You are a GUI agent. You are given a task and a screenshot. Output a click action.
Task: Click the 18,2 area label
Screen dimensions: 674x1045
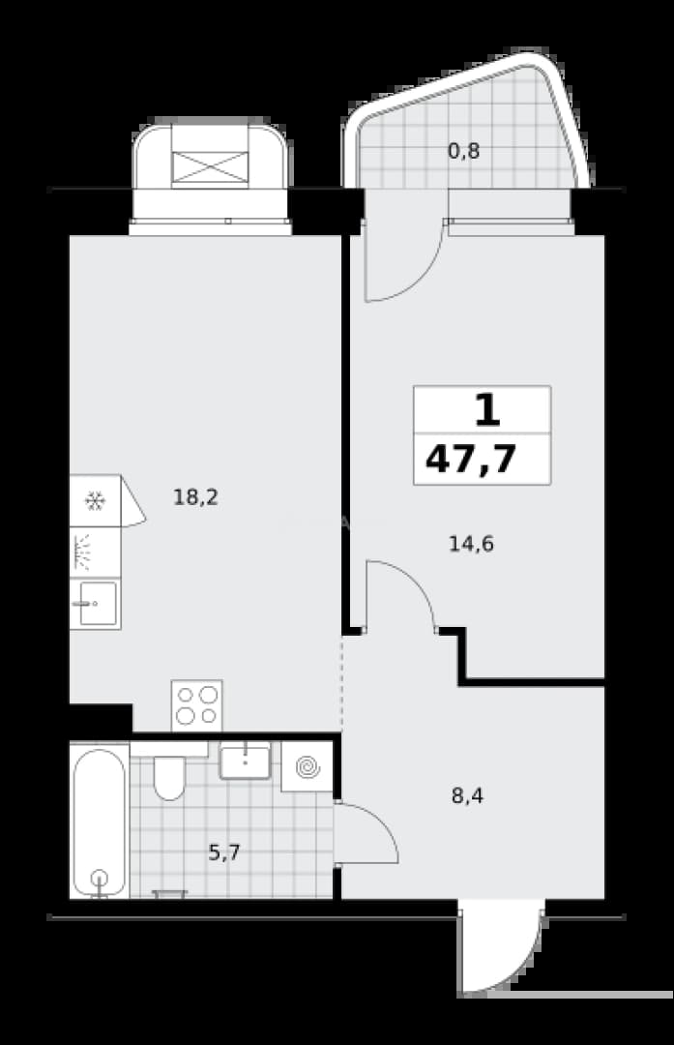click(x=195, y=497)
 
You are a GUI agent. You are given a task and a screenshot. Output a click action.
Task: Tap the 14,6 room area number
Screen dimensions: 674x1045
click(x=471, y=545)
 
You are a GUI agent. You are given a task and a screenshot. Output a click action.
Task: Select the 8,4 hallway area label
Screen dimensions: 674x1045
click(x=467, y=795)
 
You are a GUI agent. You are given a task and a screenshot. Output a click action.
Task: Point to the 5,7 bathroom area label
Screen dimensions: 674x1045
click(x=223, y=852)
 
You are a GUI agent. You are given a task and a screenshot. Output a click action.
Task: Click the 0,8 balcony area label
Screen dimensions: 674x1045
click(x=463, y=151)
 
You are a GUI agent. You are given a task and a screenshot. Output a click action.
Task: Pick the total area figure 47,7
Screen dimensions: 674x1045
click(x=471, y=460)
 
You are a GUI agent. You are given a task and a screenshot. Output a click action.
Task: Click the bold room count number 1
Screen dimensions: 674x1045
click(x=487, y=410)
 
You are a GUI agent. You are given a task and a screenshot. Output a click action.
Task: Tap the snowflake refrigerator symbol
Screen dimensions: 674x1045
click(x=95, y=501)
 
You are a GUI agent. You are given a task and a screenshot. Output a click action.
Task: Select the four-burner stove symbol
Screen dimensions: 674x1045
click(x=196, y=705)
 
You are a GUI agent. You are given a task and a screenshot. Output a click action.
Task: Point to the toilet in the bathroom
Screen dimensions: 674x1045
click(x=169, y=772)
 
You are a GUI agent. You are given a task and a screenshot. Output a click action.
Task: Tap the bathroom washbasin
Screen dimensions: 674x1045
click(x=245, y=761)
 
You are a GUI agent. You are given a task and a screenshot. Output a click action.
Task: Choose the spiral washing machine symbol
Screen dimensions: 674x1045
click(x=308, y=767)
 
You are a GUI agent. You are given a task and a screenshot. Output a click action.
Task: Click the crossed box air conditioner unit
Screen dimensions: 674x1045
click(x=210, y=166)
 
